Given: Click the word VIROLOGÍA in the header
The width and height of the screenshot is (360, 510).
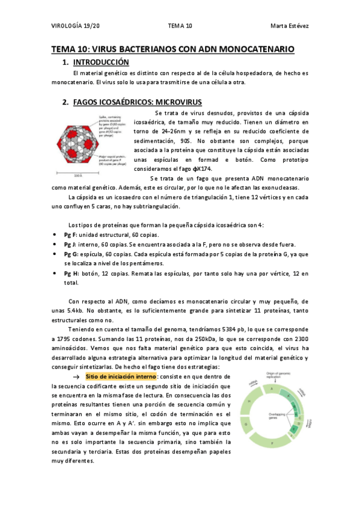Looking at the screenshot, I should (63, 26).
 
